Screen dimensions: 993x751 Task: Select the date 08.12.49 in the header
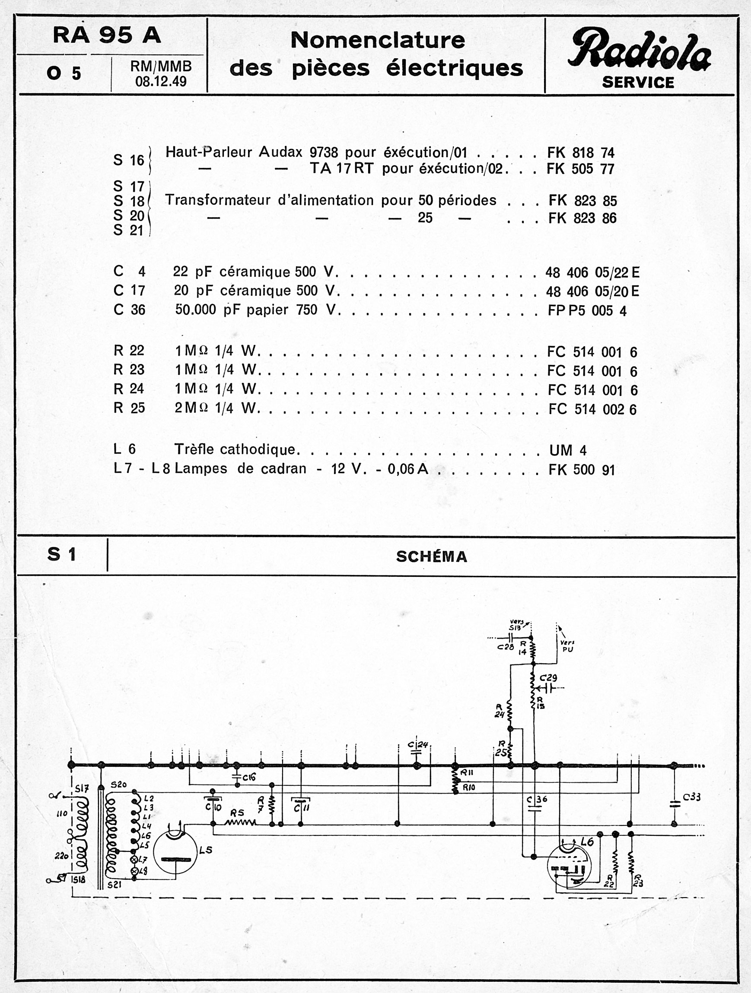point(160,82)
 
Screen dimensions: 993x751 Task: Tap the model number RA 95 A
point(107,35)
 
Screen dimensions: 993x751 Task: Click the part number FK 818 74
point(580,153)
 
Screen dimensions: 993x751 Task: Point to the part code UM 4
point(567,450)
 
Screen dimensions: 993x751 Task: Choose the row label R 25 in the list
point(129,408)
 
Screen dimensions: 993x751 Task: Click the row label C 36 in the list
point(129,310)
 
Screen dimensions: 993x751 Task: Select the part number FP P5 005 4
point(587,311)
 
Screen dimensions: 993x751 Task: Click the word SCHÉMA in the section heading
point(431,557)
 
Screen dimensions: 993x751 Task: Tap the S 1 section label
point(61,555)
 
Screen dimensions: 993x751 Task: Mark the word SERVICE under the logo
point(638,82)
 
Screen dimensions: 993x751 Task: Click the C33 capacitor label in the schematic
point(691,797)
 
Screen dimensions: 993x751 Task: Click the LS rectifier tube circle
point(175,851)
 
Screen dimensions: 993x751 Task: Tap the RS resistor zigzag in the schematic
point(240,823)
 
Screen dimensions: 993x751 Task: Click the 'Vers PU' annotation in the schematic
point(567,646)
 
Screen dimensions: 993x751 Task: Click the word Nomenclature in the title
point(377,41)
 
